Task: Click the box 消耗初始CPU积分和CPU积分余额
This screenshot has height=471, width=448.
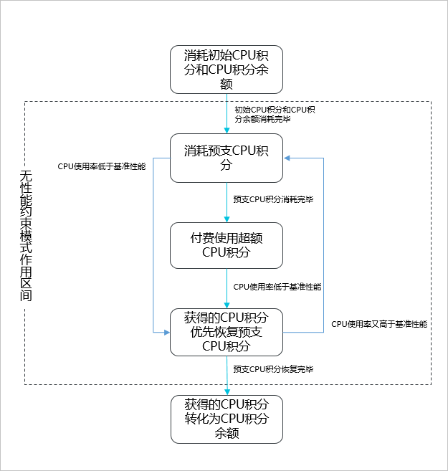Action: coord(227,70)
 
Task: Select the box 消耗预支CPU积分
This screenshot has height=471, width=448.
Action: coord(227,158)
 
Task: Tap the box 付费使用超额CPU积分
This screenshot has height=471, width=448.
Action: coord(227,245)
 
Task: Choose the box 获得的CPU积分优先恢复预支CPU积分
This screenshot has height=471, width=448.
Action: coord(227,332)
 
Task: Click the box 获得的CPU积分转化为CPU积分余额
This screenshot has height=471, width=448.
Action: coord(227,419)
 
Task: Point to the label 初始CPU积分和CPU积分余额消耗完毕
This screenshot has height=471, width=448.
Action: coord(275,114)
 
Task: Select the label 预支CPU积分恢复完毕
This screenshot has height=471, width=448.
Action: coord(273,369)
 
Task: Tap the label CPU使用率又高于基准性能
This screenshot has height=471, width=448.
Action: coord(379,324)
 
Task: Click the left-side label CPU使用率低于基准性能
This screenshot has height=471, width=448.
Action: coord(101,166)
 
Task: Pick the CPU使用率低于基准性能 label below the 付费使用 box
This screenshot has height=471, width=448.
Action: coord(277,287)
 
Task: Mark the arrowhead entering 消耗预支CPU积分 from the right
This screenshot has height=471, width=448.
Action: coord(287,158)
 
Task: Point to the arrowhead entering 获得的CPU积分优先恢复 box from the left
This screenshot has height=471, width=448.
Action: coord(166,332)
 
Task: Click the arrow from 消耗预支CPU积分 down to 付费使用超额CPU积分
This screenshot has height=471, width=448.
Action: coord(227,201)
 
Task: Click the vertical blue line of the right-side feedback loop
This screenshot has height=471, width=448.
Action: coord(324,244)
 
